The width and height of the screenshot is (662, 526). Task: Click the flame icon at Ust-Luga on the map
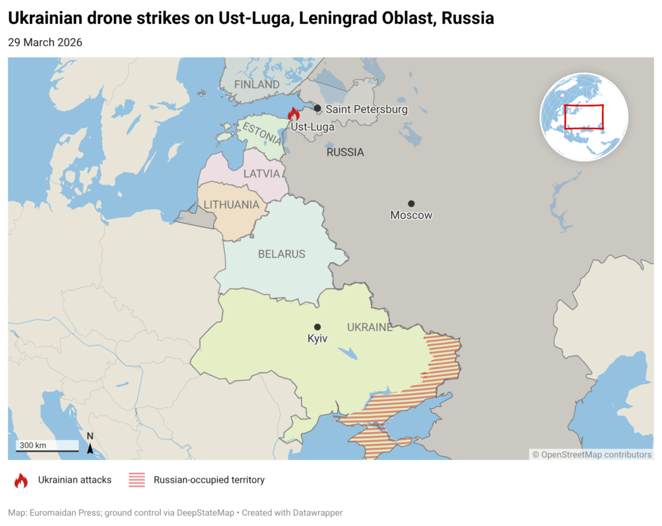294,114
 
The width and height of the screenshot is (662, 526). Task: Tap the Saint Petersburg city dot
317,109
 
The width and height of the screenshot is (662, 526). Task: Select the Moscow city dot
411,204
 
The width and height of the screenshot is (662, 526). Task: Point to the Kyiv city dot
317,327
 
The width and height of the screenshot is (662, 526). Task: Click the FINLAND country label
257,85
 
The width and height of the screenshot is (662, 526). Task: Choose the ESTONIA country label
261,134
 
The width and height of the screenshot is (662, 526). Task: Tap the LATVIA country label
262,174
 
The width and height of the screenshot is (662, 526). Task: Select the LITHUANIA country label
235,205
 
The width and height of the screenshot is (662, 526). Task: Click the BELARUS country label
281,254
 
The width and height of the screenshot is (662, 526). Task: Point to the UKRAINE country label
369,328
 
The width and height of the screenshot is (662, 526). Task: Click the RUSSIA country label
345,153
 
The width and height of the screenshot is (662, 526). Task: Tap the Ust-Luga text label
313,127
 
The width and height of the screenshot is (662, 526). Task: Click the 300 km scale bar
47,446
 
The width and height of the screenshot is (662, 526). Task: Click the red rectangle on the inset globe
584,117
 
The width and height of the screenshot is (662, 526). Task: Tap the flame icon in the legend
21,480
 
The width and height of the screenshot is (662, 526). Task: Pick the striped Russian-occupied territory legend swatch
136,480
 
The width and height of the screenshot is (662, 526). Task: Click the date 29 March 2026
45,43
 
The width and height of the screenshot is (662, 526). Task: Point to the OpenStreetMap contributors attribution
592,454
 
